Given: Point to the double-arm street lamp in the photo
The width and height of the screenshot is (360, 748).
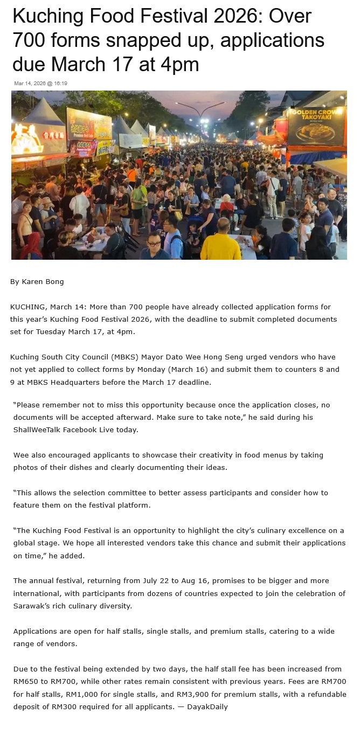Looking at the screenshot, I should tap(200, 110).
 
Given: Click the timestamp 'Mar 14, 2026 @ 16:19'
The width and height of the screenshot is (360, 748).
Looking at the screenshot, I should tap(40, 83).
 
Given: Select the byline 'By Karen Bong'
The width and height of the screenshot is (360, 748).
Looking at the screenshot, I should tap(37, 281).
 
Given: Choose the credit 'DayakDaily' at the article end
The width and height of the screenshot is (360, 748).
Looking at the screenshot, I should tap(207, 707).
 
